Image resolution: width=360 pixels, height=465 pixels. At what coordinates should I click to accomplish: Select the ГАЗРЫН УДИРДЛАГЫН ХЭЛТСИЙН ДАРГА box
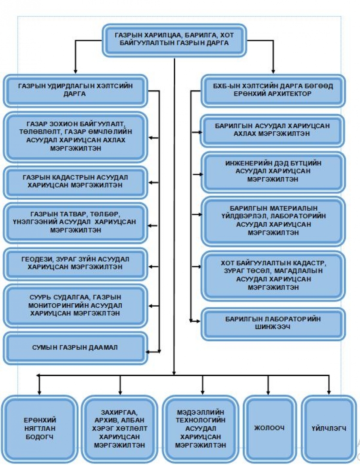pyautogui.click(x=75, y=91)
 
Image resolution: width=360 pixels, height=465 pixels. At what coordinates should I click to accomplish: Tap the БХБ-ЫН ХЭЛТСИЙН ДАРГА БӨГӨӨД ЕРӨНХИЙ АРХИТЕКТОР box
pyautogui.click(x=273, y=91)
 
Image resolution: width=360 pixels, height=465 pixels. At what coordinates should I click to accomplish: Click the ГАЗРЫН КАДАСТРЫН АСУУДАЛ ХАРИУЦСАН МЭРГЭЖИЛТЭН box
pyautogui.click(x=75, y=182)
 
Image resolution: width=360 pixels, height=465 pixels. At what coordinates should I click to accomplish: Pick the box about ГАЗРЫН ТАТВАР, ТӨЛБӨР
pyautogui.click(x=75, y=223)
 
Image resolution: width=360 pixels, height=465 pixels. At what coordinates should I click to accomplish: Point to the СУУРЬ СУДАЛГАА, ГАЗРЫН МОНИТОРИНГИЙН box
pyautogui.click(x=75, y=306)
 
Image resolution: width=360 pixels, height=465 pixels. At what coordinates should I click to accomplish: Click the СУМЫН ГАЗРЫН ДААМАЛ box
pyautogui.click(x=75, y=348)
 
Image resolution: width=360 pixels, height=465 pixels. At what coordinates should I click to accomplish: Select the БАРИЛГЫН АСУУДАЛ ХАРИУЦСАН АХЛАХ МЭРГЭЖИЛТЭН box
pyautogui.click(x=273, y=131)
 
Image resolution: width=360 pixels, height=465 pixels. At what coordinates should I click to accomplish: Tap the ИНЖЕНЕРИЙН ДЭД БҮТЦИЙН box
pyautogui.click(x=273, y=172)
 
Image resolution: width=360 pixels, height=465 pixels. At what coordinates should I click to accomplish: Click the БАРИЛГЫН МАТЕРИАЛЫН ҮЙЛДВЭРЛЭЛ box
pyautogui.click(x=273, y=221)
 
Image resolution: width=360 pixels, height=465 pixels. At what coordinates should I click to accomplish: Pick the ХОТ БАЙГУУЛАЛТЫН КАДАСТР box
pyautogui.click(x=273, y=276)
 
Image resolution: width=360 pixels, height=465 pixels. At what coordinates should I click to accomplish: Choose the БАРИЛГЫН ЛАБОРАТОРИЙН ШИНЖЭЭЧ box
pyautogui.click(x=273, y=324)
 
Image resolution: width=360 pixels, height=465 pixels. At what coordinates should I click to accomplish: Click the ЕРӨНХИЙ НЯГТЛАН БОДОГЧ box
pyautogui.click(x=40, y=429)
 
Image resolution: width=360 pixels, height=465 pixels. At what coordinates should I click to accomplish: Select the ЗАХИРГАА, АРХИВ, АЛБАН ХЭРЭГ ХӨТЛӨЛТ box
pyautogui.click(x=119, y=429)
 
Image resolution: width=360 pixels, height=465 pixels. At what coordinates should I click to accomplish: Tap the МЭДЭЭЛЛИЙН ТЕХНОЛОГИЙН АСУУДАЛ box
pyautogui.click(x=201, y=429)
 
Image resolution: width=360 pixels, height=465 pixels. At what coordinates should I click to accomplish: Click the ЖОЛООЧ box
pyautogui.click(x=269, y=429)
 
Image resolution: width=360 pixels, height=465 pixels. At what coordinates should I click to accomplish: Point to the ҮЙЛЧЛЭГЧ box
pyautogui.click(x=329, y=429)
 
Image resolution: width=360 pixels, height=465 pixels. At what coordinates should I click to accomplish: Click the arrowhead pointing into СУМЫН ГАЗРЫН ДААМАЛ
pyautogui.click(x=148, y=352)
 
